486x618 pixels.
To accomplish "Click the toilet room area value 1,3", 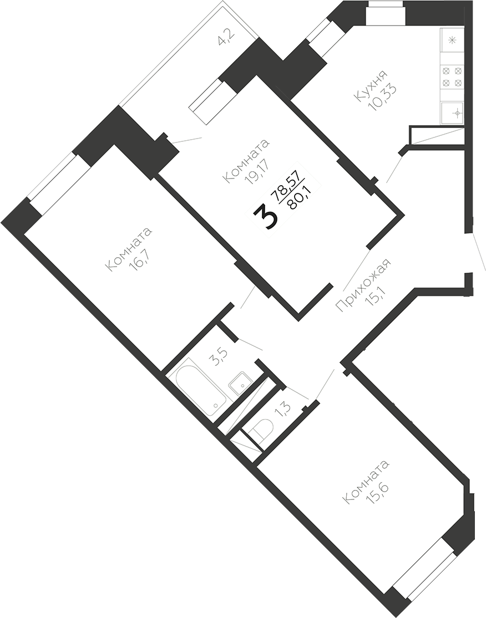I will click(282, 409).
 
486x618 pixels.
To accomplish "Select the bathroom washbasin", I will click(241, 383).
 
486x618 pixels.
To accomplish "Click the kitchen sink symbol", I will click(453, 113).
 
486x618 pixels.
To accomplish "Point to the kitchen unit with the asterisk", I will click(452, 39).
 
